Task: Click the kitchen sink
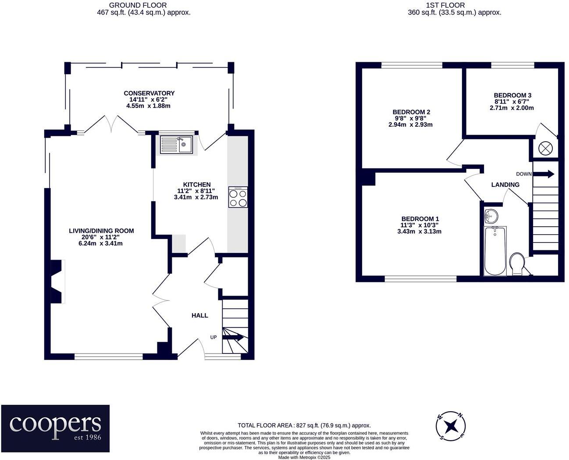176,145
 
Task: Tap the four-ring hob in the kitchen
238,197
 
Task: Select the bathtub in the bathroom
495,251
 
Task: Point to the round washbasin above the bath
491,216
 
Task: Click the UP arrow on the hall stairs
233,337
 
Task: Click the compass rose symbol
451,426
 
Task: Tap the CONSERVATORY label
149,93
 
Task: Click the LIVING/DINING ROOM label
101,231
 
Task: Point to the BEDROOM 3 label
512,95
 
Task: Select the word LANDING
505,185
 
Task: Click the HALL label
199,315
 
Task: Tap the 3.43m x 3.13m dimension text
419,232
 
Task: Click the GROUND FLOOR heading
138,5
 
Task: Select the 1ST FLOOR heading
455,5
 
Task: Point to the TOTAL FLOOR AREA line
304,425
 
